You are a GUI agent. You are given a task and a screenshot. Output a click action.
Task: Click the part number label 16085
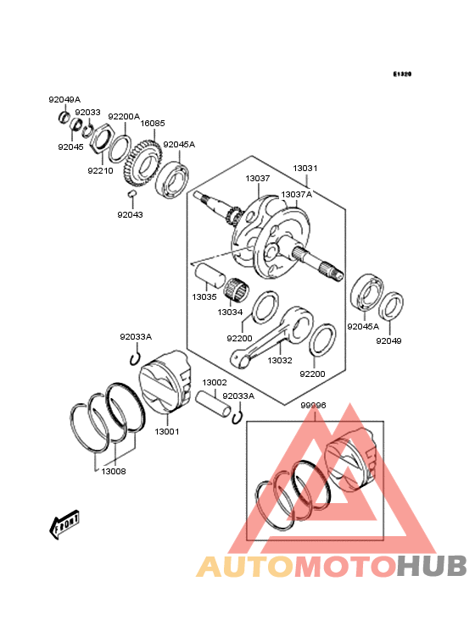point(153,124)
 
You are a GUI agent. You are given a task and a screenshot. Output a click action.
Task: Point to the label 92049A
point(64,99)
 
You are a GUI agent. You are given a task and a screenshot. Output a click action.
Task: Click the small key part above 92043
point(132,196)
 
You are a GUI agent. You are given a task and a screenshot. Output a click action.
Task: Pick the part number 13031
point(305,169)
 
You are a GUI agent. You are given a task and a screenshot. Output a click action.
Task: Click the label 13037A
point(296,194)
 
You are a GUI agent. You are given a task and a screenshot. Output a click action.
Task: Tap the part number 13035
point(204,297)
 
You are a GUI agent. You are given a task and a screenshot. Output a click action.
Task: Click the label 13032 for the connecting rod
point(280,360)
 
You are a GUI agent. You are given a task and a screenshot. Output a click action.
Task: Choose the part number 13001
point(166,431)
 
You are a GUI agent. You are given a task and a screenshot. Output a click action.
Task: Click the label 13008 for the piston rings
point(114,471)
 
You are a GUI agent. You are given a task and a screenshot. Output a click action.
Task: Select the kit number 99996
point(313,406)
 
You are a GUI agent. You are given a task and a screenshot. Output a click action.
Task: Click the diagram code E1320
point(402,75)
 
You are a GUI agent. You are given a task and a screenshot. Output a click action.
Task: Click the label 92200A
point(124,116)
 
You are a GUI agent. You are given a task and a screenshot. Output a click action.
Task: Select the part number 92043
point(131,214)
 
